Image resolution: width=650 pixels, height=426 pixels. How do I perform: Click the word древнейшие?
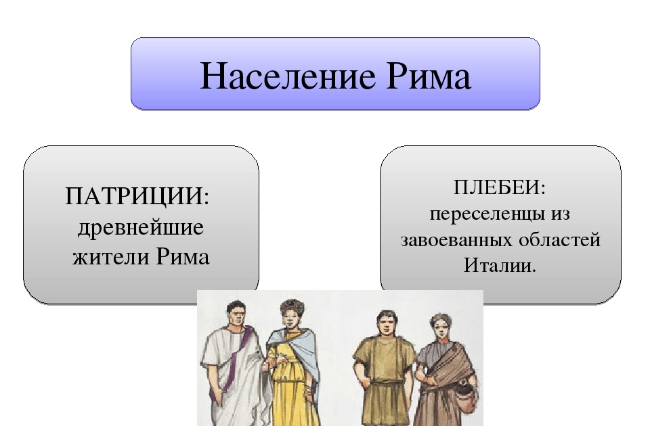point(141,227)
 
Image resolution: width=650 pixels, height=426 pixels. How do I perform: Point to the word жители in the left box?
point(111,257)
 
